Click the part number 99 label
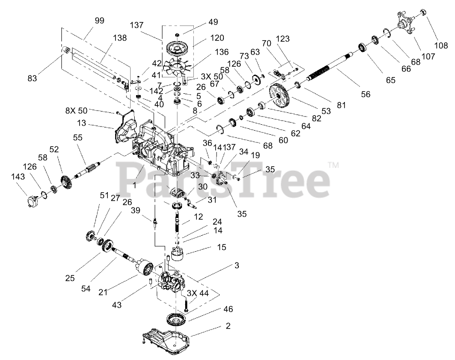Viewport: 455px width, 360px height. [x=99, y=20]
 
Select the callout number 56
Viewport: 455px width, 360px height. [x=365, y=94]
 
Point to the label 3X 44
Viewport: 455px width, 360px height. [x=198, y=294]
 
